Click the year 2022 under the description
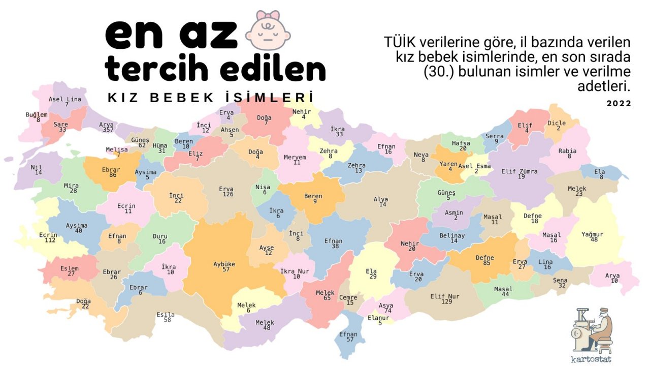tap(619, 103)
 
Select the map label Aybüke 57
tap(224, 266)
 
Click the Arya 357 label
tap(107, 127)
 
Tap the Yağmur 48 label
tap(593, 237)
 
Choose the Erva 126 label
tap(226, 192)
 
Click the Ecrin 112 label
tap(49, 237)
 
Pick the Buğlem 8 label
tap(37, 117)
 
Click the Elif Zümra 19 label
tap(519, 174)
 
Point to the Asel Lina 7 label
tap(65, 102)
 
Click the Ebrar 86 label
tap(111, 172)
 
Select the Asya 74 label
tap(386, 308)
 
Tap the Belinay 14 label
tap(452, 238)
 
